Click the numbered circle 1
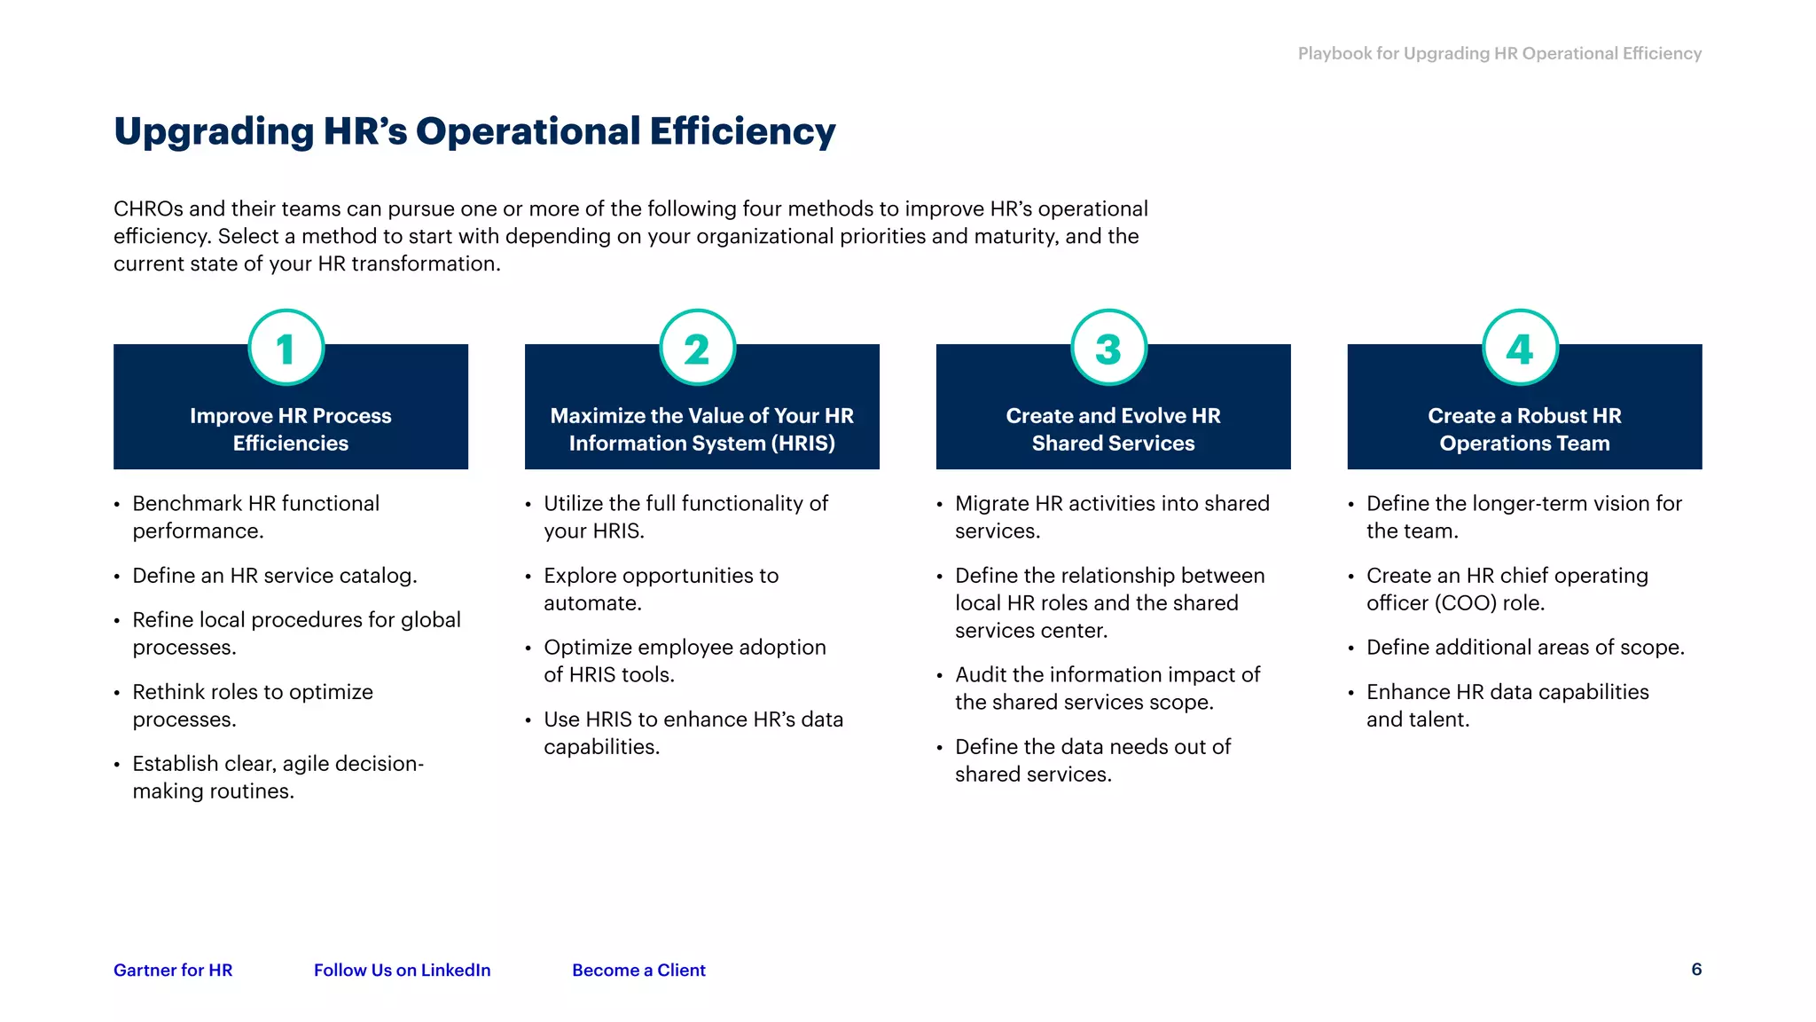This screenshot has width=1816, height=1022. (x=286, y=348)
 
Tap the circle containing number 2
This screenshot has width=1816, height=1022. (x=697, y=348)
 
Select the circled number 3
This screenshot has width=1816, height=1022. (x=1108, y=348)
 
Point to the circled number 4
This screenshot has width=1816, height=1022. (x=1520, y=348)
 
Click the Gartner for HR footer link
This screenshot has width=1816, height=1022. (x=173, y=970)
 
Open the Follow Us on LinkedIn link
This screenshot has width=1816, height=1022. (x=402, y=970)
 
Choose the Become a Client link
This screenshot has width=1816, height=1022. (x=638, y=970)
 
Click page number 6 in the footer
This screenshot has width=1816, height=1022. (x=1696, y=969)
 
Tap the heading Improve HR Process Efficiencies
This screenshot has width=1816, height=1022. (x=291, y=429)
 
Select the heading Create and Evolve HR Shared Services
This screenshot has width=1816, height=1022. (x=1113, y=429)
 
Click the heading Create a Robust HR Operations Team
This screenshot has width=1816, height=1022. (x=1524, y=429)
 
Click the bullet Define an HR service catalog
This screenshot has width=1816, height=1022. (x=275, y=576)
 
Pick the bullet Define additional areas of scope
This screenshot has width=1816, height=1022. (x=1525, y=648)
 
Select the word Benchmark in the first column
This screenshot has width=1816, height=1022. (x=187, y=504)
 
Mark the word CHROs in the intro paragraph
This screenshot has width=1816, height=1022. (x=148, y=209)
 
